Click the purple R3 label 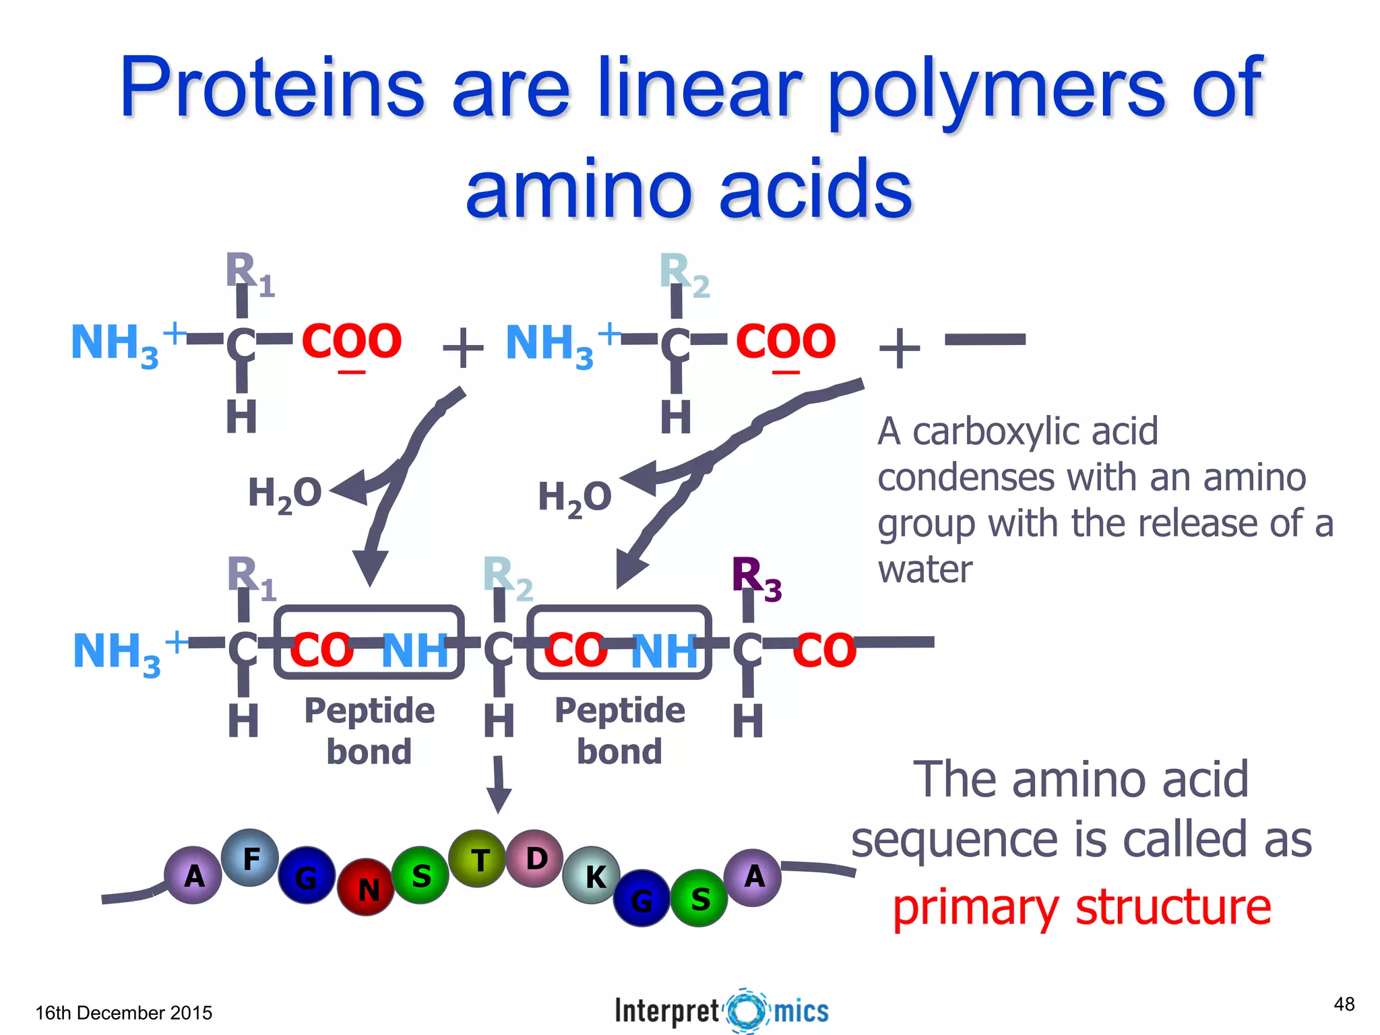click(755, 577)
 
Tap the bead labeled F click(250, 858)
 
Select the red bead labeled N click(366, 887)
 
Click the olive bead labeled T click(478, 859)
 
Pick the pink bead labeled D click(535, 858)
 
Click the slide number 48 click(1344, 1005)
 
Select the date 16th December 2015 click(123, 1013)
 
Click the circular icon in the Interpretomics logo click(747, 1011)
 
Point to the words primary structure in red click(1081, 907)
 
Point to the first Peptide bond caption click(369, 731)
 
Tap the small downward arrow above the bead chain click(499, 784)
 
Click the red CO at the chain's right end click(824, 650)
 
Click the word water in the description click(925, 569)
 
